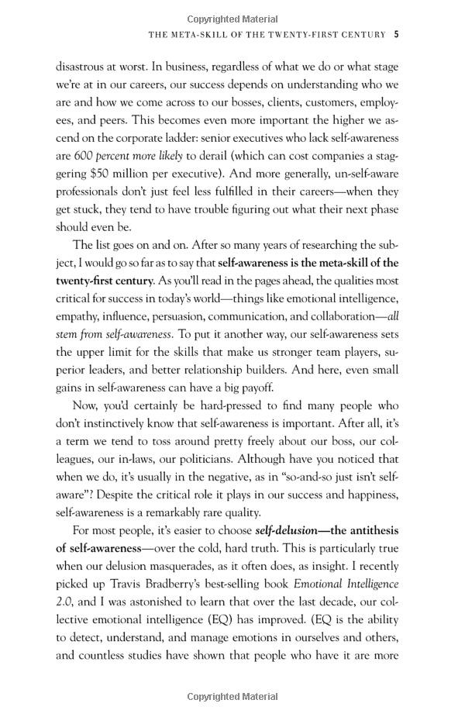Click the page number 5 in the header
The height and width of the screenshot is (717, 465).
(396, 34)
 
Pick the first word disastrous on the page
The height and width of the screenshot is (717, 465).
(83, 67)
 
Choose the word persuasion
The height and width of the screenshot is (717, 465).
(193, 316)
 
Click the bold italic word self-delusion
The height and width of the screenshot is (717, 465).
(287, 530)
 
